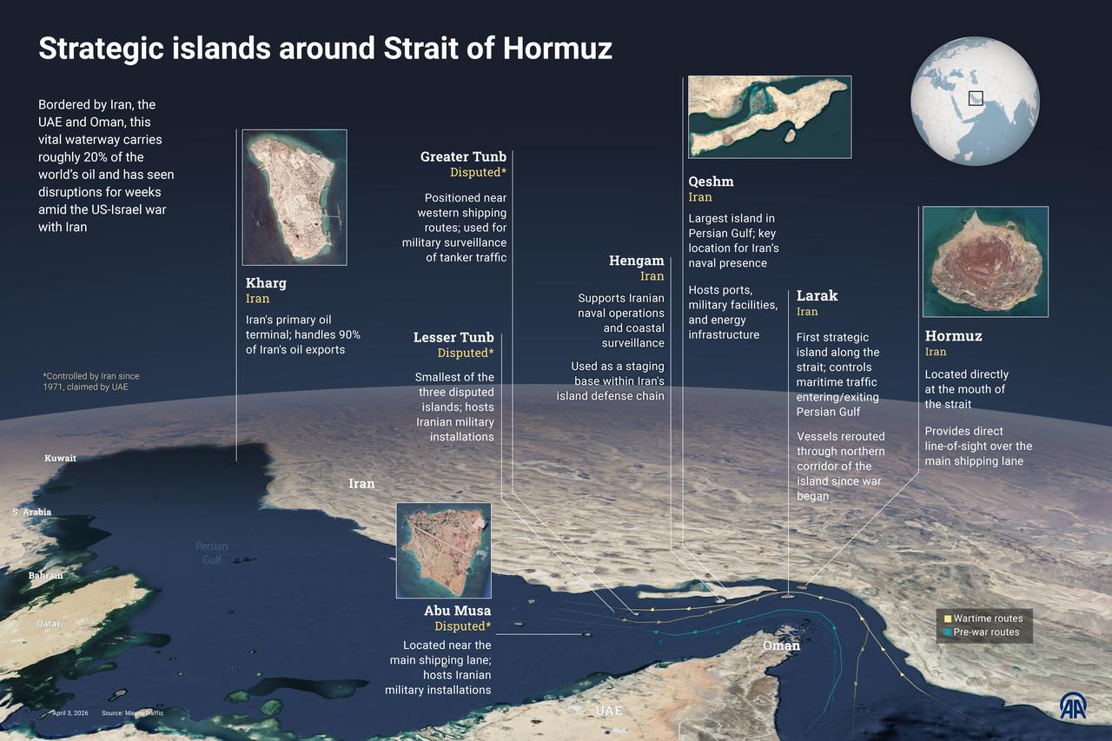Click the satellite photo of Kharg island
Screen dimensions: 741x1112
coord(294,197)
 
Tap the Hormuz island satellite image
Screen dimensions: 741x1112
coord(984,261)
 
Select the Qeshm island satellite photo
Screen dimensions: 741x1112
coord(769,116)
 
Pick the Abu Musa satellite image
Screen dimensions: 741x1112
coord(443,550)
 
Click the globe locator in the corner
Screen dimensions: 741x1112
coord(975,101)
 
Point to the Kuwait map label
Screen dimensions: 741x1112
coord(61,458)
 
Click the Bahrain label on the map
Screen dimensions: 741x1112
coord(46,575)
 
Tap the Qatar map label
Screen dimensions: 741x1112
coord(48,624)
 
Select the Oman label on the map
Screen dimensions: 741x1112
coord(781,645)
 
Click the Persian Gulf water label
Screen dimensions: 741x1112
coord(211,552)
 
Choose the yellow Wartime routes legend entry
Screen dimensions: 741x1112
coord(983,619)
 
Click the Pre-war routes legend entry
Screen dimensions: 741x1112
coord(983,632)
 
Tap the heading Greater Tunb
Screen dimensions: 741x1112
coord(463,157)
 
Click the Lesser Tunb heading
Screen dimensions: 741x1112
coord(453,337)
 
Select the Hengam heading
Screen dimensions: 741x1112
coord(636,261)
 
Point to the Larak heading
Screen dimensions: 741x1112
coord(817,296)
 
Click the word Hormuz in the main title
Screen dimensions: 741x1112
coord(557,49)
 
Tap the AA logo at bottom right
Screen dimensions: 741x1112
coord(1072,705)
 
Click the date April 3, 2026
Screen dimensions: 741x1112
coord(69,713)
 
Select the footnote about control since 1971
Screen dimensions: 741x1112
coord(90,381)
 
